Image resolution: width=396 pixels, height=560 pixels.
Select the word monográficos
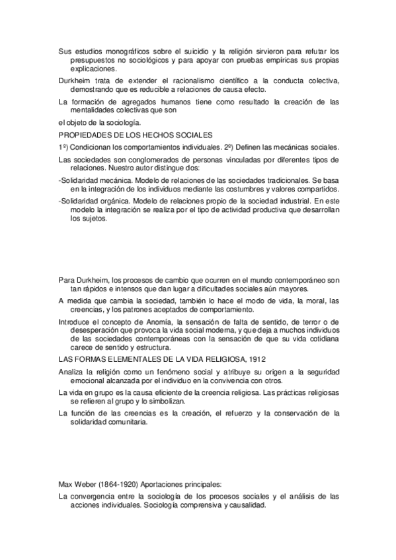pyautogui.click(x=122, y=51)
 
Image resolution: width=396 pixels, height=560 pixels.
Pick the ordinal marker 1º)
pyautogui.click(x=64, y=147)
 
